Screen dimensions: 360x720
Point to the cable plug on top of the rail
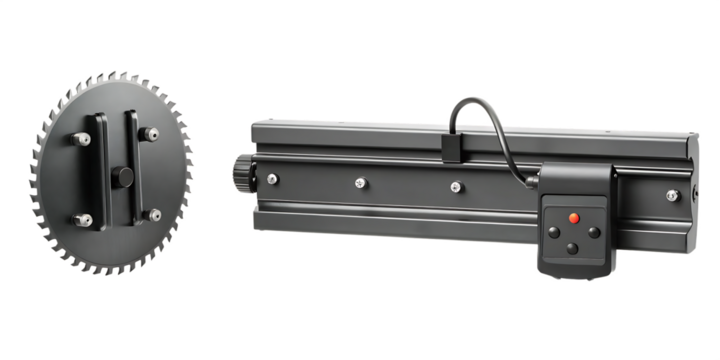pos(450,150)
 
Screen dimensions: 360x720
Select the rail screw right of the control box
pos(672,195)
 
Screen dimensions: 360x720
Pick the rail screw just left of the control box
pos(456,186)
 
